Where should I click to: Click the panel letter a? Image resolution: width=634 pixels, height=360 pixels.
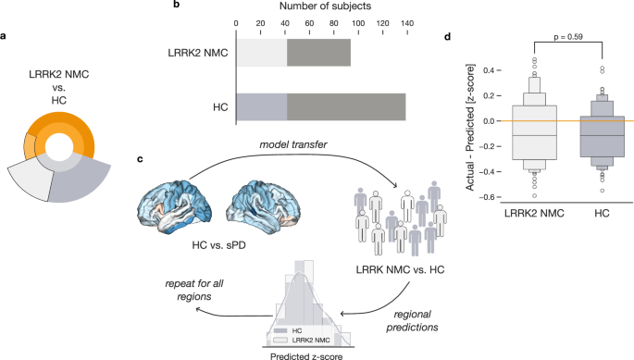pyautogui.click(x=6, y=36)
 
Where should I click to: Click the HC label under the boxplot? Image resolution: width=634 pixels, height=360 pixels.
pyautogui.click(x=600, y=214)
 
